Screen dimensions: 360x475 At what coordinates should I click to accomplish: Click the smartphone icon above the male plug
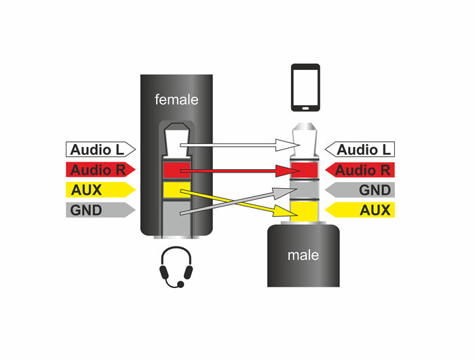(305, 88)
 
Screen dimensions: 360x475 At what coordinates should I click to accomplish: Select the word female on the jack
(176, 100)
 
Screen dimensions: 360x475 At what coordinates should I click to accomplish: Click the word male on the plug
(303, 255)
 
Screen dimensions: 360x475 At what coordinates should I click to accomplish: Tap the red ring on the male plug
(305, 169)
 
